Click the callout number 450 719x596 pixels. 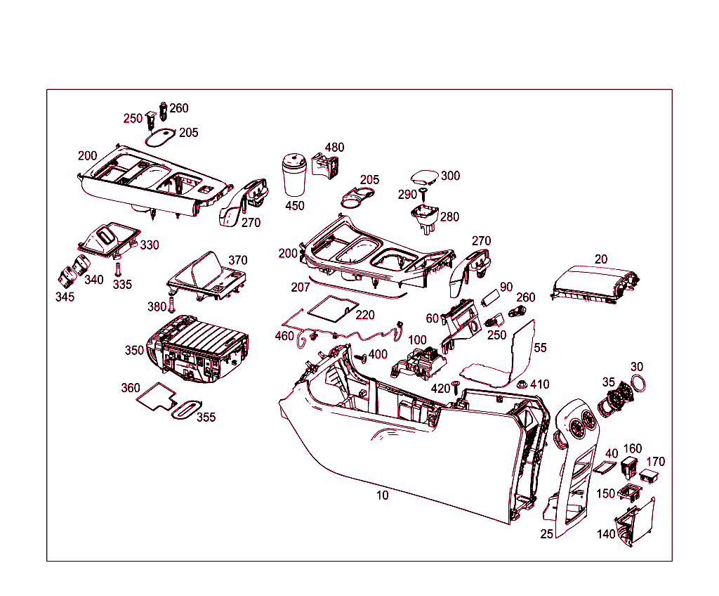pos(295,206)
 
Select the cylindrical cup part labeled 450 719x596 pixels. pos(296,175)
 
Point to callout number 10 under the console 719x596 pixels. pos(382,495)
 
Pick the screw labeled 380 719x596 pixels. pos(171,305)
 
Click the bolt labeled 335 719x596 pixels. pos(117,268)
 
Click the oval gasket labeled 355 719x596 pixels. pos(186,410)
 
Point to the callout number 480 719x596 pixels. pos(334,148)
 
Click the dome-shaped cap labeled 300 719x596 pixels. pos(425,176)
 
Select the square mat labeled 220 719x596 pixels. pos(331,307)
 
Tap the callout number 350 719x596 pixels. pos(134,350)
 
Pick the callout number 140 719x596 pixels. pos(606,534)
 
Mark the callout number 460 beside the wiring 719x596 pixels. pos(284,336)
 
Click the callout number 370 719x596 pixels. pos(238,261)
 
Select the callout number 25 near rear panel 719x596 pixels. pos(547,534)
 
